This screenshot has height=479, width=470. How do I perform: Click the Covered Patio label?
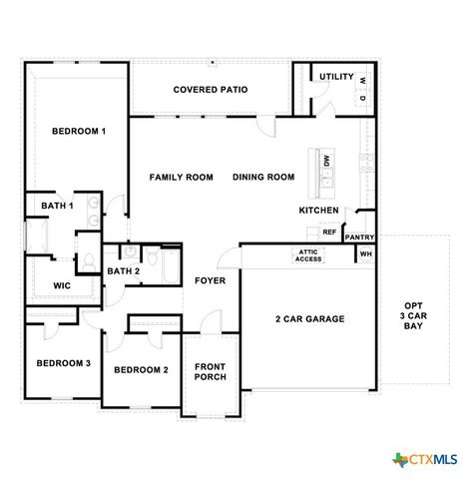(x=210, y=90)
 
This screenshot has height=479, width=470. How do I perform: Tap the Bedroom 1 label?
(x=78, y=131)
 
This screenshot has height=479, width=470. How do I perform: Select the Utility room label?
(x=336, y=76)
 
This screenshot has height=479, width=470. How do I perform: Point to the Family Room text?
(x=182, y=178)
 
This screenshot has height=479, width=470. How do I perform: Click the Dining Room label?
(x=263, y=178)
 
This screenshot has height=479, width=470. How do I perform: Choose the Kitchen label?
(x=318, y=211)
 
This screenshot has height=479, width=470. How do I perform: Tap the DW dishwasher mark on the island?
(x=326, y=161)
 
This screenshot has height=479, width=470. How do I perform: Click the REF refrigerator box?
(x=328, y=232)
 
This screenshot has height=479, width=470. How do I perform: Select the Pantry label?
(x=359, y=238)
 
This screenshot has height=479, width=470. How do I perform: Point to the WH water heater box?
(x=365, y=254)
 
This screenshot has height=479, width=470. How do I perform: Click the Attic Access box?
(x=308, y=255)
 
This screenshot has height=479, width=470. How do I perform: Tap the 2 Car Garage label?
(x=309, y=319)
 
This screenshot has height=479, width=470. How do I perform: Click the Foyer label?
(x=210, y=280)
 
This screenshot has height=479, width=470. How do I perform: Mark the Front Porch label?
(x=210, y=371)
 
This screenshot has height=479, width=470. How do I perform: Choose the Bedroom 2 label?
(x=141, y=370)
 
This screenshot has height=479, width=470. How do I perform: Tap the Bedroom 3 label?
(x=64, y=363)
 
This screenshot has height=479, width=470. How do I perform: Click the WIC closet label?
(x=62, y=285)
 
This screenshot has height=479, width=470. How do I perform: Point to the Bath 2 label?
(x=123, y=270)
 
